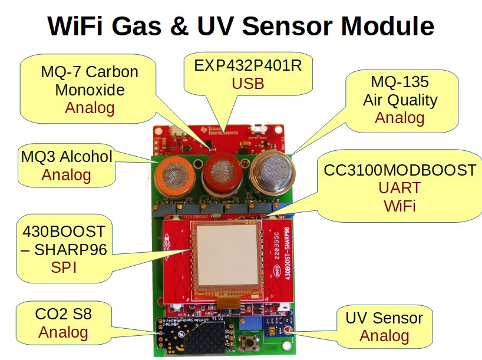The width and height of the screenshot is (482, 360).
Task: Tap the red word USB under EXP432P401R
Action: tap(247, 84)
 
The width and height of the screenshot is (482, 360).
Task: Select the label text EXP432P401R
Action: tap(247, 65)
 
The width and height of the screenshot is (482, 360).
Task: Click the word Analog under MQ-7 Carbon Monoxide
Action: tap(90, 108)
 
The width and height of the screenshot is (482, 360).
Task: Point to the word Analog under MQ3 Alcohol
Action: tap(66, 175)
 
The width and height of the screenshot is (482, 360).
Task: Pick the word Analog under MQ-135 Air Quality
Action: tap(400, 118)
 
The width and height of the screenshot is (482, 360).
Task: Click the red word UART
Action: tap(400, 189)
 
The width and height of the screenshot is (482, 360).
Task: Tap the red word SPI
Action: tap(64, 267)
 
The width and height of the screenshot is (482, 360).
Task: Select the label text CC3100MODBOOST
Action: tap(400, 170)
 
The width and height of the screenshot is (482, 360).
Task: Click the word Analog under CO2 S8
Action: tap(64, 332)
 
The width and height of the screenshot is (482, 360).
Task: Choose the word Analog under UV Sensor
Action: tap(384, 336)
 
